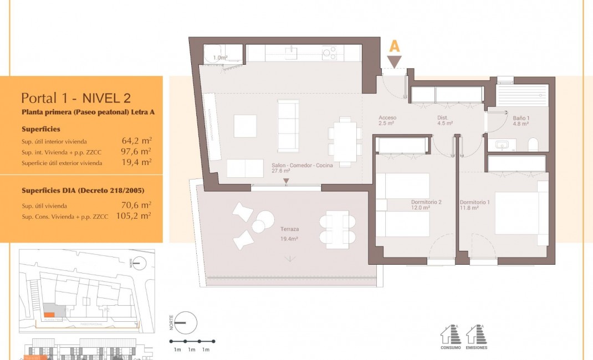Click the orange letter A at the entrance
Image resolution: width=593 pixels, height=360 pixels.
pyautogui.click(x=394, y=47)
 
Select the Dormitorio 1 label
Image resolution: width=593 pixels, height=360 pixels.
pyautogui.click(x=475, y=202)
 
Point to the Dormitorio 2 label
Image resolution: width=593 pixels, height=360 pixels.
pyautogui.click(x=426, y=202)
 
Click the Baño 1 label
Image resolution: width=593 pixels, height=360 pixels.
pyautogui.click(x=522, y=118)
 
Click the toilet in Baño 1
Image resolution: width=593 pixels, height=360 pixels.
pyautogui.click(x=533, y=145)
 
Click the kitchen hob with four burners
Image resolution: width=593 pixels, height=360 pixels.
pyautogui.click(x=330, y=53)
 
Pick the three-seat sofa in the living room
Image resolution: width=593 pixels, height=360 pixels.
pyautogui.click(x=288, y=125)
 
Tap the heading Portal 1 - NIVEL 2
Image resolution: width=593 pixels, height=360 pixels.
pyautogui.click(x=76, y=98)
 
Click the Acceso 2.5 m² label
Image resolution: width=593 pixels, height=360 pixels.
pyautogui.click(x=387, y=121)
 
